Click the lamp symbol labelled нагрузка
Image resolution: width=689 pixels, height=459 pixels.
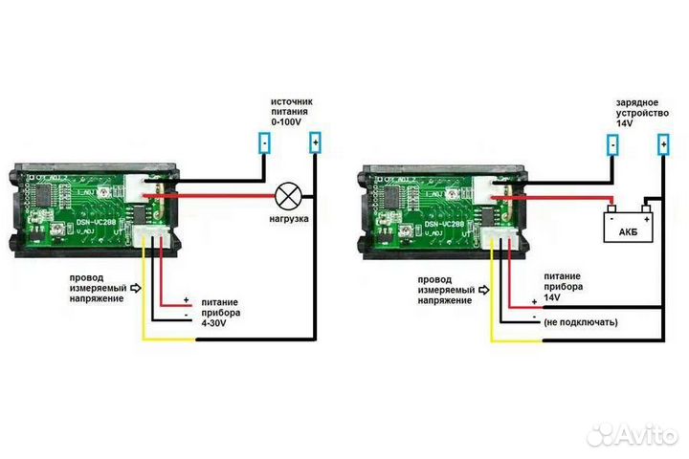pyautogui.click(x=287, y=197)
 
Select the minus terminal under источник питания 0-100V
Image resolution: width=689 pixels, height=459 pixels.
pyautogui.click(x=264, y=143)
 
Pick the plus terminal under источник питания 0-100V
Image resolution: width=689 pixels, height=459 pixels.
pyautogui.click(x=315, y=143)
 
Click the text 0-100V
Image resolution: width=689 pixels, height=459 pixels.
pyautogui.click(x=287, y=123)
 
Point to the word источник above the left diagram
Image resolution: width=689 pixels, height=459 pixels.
pyautogui.click(x=291, y=99)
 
